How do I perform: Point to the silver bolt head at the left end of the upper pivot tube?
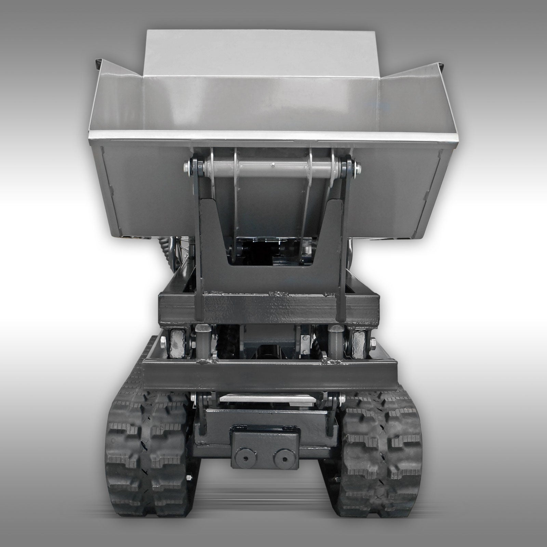click(186, 168)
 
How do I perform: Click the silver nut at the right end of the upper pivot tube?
click(358, 168)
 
